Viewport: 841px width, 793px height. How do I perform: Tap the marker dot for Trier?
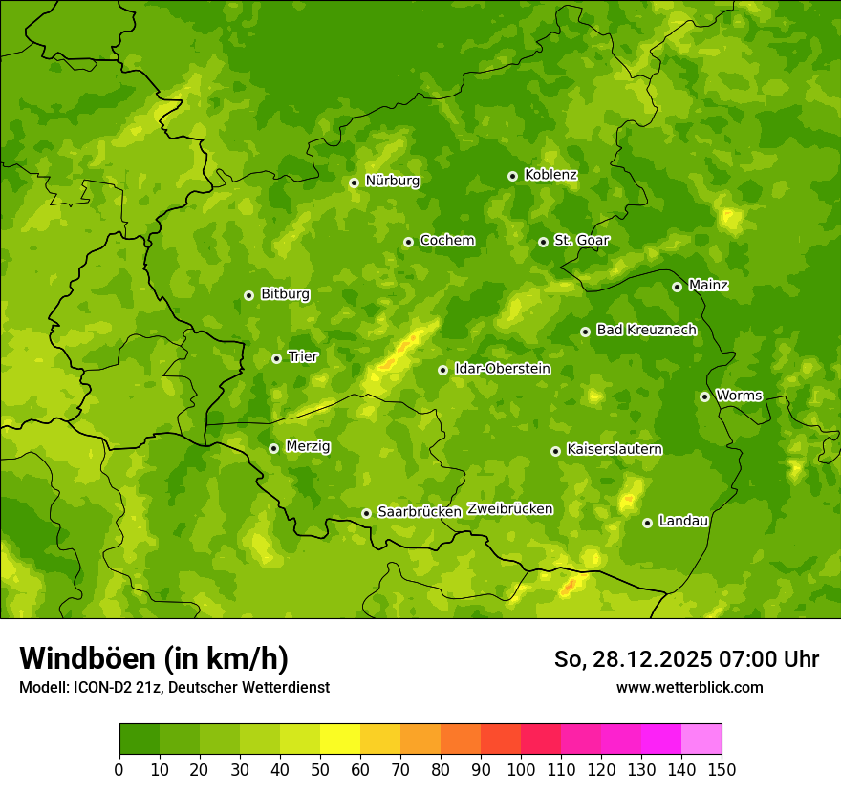tap(276, 358)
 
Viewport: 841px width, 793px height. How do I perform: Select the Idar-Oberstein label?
tap(502, 369)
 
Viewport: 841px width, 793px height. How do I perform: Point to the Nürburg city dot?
tap(354, 182)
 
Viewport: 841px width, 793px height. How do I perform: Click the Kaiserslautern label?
tap(614, 449)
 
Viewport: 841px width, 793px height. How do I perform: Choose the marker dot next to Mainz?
tap(677, 287)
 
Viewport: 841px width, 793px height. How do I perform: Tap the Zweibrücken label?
tap(509, 509)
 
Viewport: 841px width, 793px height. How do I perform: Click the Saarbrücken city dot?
tap(366, 513)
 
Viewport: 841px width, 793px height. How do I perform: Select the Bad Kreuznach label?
tap(646, 330)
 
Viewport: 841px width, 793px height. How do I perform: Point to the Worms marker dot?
tap(704, 396)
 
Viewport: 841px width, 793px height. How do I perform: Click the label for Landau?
tap(683, 521)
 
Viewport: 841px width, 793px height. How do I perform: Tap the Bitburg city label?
tap(285, 294)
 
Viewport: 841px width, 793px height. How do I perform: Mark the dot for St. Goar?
tap(543, 242)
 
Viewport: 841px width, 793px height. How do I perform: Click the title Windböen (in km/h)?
tap(153, 658)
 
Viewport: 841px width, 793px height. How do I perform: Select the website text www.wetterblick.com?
tap(689, 687)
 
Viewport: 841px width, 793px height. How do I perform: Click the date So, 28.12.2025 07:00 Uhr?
tap(686, 659)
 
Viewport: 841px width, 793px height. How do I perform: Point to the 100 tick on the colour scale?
tap(521, 769)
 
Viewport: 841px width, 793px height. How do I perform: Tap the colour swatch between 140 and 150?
tap(701, 739)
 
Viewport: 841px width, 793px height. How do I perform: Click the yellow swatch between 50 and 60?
tap(340, 739)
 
